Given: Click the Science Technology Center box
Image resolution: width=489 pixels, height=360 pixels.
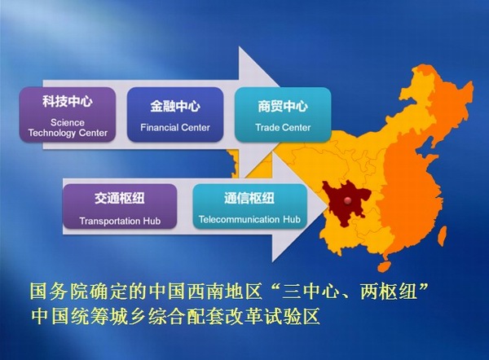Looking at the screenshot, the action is coord(68,115).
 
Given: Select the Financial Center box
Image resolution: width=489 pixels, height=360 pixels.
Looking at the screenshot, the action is coord(175,115).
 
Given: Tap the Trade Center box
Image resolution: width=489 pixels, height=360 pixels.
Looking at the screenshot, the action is coord(283,115).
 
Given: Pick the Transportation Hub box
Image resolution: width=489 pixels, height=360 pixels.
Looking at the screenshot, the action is coord(120,207).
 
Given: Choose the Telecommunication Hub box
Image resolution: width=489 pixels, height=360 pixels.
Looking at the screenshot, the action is coord(250,207).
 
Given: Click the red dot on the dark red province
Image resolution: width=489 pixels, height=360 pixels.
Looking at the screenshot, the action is coord(347,200).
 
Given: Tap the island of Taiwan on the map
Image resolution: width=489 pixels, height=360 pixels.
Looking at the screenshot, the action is coord(442,235).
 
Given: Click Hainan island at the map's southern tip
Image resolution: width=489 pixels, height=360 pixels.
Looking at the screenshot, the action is coord(385,266).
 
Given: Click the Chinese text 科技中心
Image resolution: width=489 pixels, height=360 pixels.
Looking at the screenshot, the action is coord(68,102).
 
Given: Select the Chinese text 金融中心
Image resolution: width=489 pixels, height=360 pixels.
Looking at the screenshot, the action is coord(175,106).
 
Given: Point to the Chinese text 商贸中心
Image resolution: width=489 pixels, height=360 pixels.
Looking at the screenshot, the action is coord(283,106).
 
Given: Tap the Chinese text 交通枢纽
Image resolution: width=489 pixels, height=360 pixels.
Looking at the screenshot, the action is coord(120,198).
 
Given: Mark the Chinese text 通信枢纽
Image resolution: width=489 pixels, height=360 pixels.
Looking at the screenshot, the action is coord(249,198).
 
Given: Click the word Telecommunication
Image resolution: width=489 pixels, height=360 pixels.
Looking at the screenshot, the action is coord(239,219).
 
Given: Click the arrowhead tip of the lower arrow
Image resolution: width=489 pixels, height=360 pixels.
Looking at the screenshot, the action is coord(328,206).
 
